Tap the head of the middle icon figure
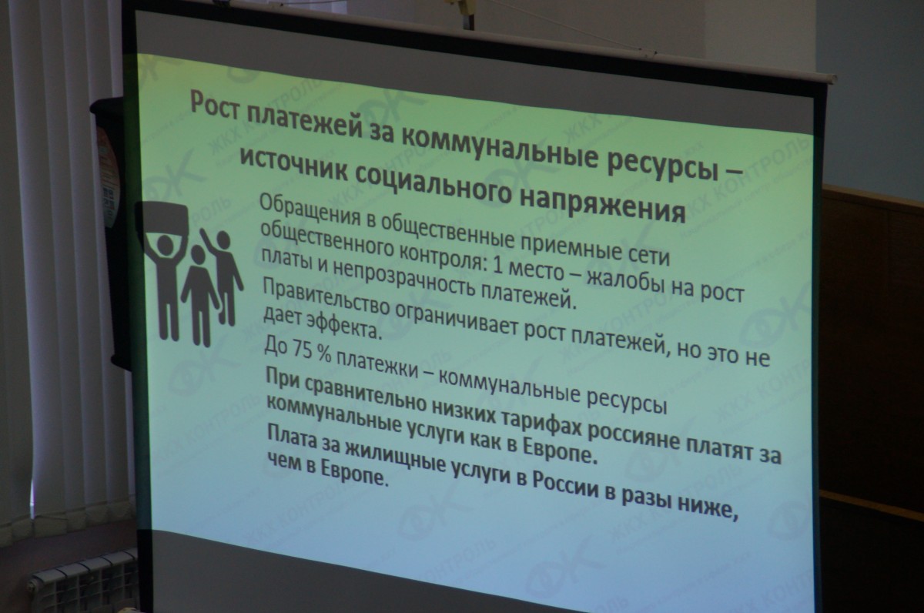click(x=198, y=253)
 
